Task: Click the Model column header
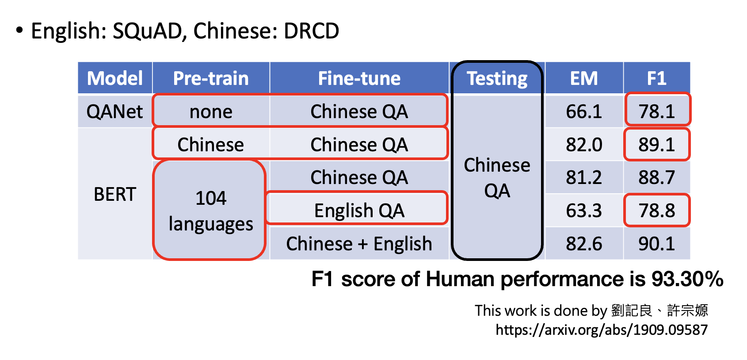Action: [x=115, y=78]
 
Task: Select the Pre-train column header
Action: [x=211, y=78]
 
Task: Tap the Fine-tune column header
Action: [x=359, y=78]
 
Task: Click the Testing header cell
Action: [x=497, y=78]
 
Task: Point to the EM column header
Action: [x=584, y=78]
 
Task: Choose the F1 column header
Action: [x=656, y=78]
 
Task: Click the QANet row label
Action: [x=115, y=111]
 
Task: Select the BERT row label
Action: [x=115, y=194]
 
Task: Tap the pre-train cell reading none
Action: [x=211, y=111]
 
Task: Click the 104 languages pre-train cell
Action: [x=211, y=211]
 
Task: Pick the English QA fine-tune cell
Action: [x=359, y=211]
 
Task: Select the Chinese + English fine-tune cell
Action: [x=359, y=244]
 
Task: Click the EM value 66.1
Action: [x=584, y=111]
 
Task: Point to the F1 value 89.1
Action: [x=656, y=145]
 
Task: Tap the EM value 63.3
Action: [x=584, y=211]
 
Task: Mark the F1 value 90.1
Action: [x=656, y=244]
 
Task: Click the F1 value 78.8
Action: [x=656, y=211]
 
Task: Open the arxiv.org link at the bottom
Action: [x=602, y=330]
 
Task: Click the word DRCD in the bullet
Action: [x=311, y=31]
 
